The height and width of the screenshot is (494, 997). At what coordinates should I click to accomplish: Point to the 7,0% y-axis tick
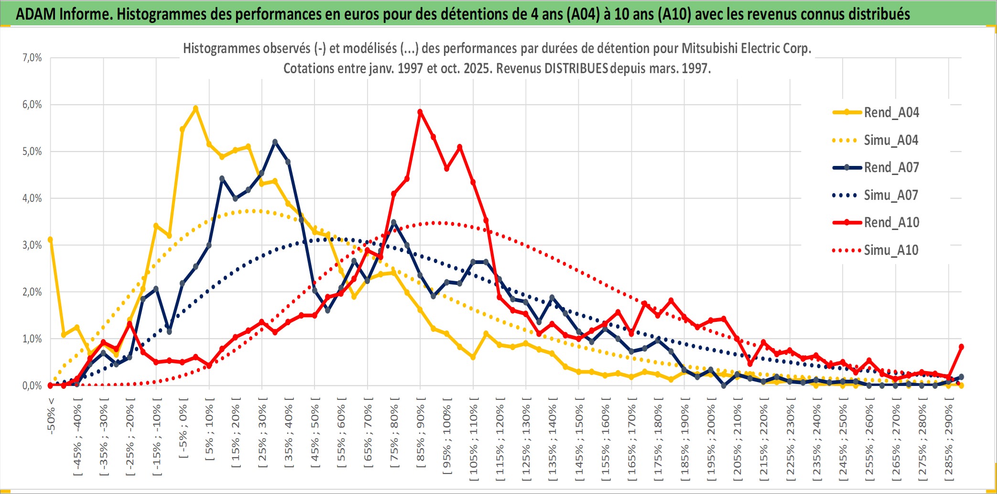tap(32, 58)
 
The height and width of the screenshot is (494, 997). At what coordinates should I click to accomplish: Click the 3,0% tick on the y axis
tap(32, 245)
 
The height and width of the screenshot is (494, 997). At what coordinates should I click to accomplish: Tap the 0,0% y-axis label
tap(32, 385)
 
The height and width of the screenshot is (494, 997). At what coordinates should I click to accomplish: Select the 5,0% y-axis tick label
tap(32, 152)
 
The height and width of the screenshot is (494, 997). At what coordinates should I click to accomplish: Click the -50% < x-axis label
tap(51, 416)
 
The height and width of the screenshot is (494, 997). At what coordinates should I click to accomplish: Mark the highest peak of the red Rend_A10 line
tap(420, 112)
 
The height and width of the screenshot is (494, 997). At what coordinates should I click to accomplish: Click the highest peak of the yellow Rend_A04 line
tap(195, 109)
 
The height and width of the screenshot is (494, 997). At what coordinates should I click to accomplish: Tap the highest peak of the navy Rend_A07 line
tap(275, 142)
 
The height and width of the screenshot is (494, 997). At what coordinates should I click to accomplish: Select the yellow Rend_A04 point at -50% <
tap(50, 240)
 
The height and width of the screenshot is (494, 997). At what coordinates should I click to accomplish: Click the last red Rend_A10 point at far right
tap(961, 347)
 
